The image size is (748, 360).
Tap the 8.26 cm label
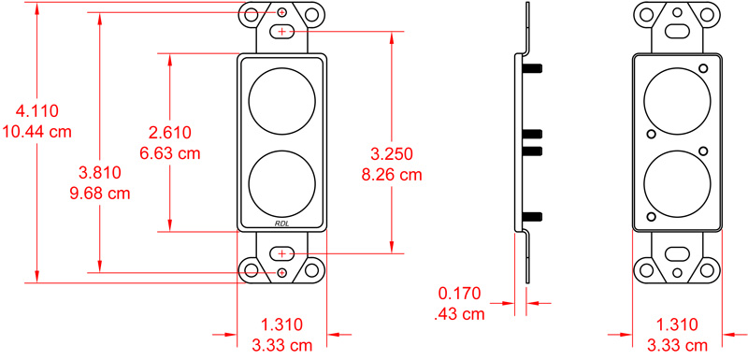[x=391, y=173]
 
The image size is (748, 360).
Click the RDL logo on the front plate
[x=282, y=223]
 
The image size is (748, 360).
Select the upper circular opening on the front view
[x=282, y=99]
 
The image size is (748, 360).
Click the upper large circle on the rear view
[x=678, y=99]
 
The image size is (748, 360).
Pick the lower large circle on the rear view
[x=678, y=183]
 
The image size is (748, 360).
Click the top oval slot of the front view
[x=282, y=33]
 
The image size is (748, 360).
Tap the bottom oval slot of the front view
[x=282, y=253]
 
